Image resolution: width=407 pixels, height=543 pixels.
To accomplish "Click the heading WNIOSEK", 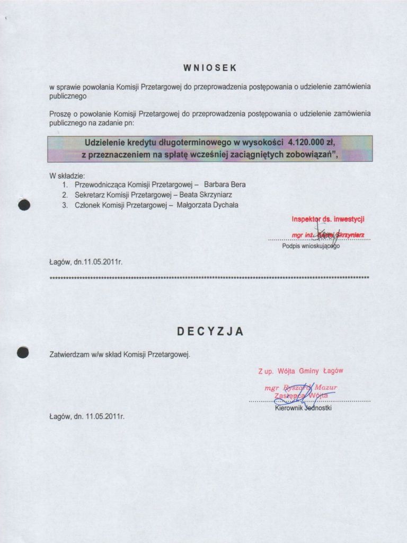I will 210,68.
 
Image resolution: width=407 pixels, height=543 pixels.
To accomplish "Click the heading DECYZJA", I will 210,332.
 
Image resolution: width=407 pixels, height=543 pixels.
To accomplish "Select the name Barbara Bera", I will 225,185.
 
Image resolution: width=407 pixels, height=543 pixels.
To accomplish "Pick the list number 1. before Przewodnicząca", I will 64,185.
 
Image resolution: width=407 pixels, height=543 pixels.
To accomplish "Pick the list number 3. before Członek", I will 64,205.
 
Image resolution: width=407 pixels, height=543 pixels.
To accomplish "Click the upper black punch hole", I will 24,206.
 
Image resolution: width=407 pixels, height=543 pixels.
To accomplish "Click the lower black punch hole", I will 23,352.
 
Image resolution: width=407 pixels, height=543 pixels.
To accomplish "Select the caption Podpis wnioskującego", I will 311,246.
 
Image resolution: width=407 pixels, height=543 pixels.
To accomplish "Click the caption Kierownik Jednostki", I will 303,408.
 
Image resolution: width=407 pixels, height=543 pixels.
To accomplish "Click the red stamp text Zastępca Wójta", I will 300,396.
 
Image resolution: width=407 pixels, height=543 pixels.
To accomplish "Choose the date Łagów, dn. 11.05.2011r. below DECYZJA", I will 86,416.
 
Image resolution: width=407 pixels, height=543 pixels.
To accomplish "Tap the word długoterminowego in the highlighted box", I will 193,143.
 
